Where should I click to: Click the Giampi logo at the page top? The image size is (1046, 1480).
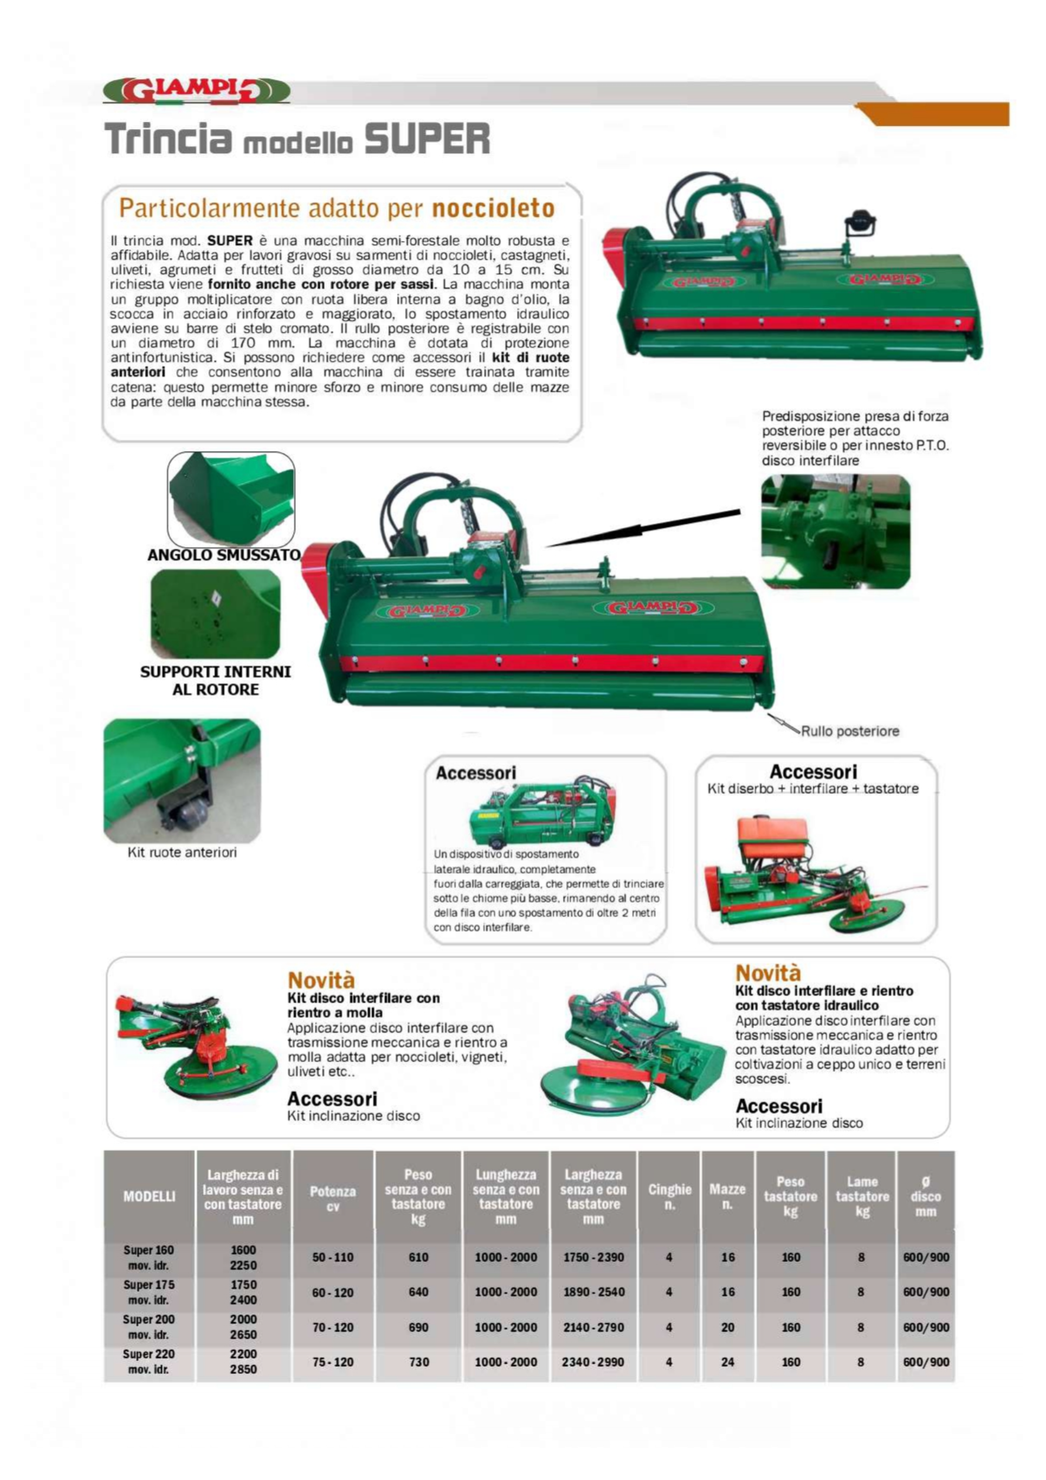click(196, 91)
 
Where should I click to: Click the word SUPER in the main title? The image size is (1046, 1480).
click(427, 138)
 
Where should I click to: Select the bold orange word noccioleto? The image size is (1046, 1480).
click(493, 208)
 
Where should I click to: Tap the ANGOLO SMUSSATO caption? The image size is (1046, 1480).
click(223, 555)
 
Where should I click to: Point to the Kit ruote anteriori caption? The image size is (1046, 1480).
click(182, 852)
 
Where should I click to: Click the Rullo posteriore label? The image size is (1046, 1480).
click(850, 731)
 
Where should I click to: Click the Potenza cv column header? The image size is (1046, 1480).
click(332, 1199)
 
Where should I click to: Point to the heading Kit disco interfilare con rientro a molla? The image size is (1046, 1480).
click(364, 1005)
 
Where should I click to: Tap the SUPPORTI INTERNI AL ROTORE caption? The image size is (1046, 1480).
click(215, 680)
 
